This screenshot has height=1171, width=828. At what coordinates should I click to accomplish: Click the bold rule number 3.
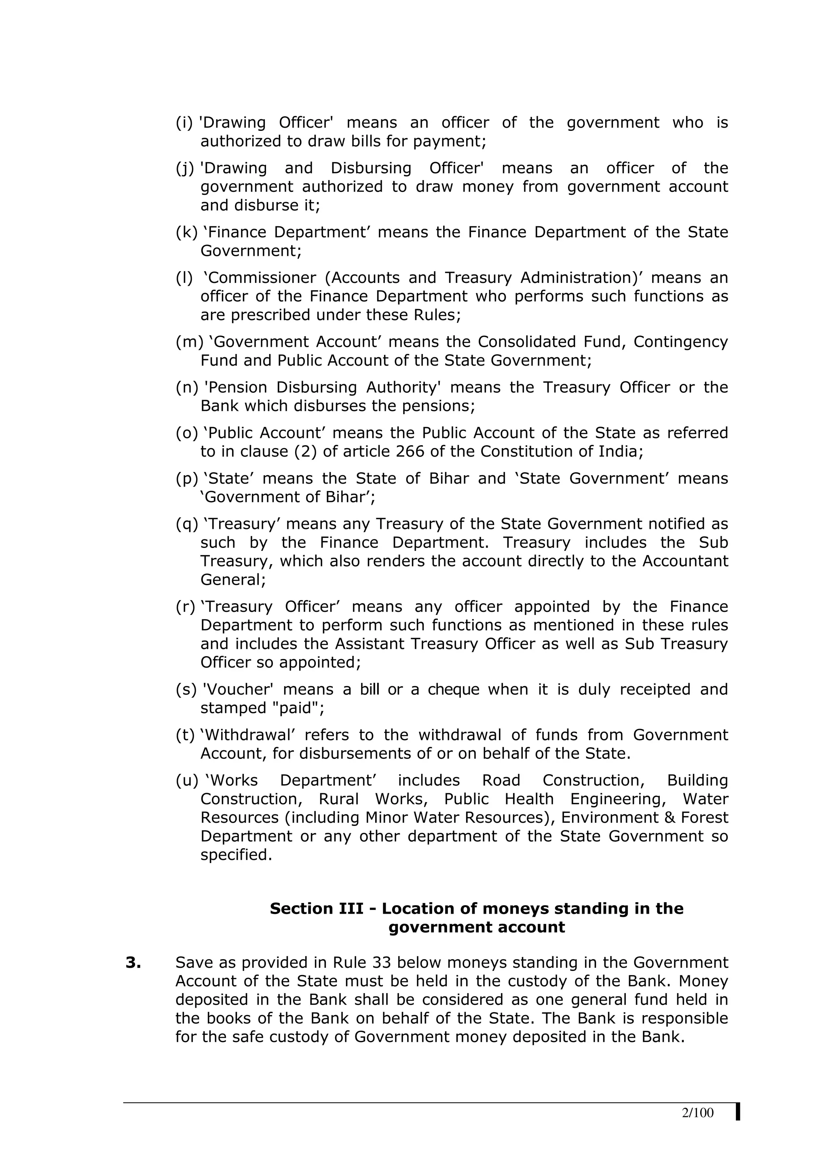(133, 963)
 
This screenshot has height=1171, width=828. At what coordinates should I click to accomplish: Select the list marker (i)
(184, 123)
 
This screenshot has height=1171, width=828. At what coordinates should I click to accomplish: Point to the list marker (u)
(187, 780)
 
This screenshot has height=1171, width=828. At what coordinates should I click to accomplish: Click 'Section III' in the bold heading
(316, 908)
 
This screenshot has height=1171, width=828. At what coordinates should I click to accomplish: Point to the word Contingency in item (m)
(680, 342)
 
